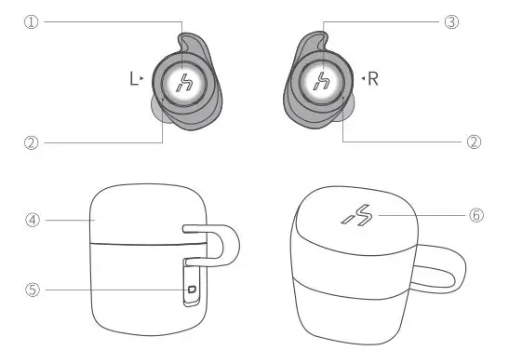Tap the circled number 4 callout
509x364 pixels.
(x=33, y=221)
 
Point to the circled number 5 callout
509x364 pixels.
(x=33, y=290)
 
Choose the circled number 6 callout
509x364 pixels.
(x=476, y=215)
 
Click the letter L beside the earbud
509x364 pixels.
(x=133, y=80)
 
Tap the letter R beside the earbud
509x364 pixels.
(x=373, y=80)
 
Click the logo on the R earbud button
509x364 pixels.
(x=321, y=81)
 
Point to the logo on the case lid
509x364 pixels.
(x=357, y=216)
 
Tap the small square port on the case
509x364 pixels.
(x=192, y=290)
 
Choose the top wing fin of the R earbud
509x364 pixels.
(x=314, y=47)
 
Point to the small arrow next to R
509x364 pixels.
(x=362, y=80)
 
